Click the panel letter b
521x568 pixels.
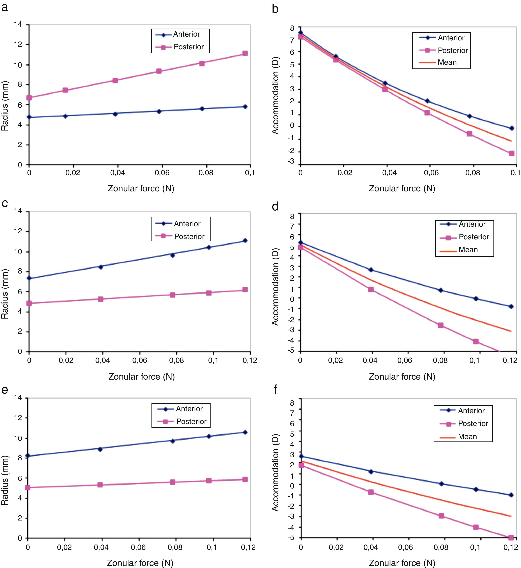pos(275,9)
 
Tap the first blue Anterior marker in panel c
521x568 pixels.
pos(29,278)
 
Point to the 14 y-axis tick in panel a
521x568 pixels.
pos(18,24)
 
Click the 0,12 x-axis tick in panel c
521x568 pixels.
pos(250,360)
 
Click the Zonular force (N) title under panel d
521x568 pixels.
pos(402,376)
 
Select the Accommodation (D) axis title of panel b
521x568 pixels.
pos(275,96)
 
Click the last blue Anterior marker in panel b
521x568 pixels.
pos(511,128)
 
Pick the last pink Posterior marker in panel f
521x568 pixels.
pos(511,538)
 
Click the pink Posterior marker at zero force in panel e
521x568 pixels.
pos(28,487)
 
